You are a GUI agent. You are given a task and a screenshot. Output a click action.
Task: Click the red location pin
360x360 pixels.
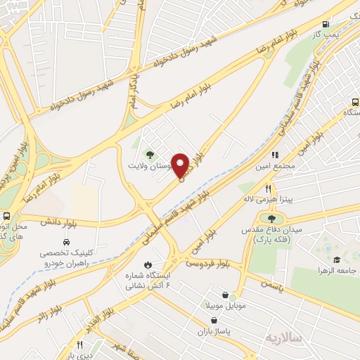tap(181, 165)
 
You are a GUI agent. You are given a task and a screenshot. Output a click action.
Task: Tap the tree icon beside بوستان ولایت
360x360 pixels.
tap(148, 154)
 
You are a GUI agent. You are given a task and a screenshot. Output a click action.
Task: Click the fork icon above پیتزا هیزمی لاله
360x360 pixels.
tap(268, 188)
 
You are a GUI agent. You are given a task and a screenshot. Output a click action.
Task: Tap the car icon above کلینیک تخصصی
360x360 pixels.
tap(66, 243)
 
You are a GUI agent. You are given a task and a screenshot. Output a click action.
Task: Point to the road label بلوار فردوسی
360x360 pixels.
tap(208, 262)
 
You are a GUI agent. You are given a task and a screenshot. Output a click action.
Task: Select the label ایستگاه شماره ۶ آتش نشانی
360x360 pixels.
tap(147, 282)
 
